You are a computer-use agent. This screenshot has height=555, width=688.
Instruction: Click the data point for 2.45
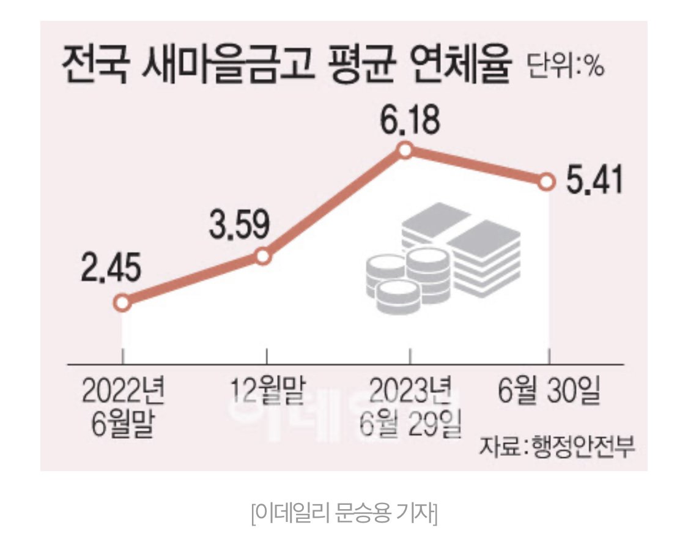tap(122, 303)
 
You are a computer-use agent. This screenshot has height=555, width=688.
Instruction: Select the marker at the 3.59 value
tap(263, 256)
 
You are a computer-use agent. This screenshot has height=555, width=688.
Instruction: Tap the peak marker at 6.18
tap(404, 150)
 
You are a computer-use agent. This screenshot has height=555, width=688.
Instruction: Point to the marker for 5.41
tap(547, 182)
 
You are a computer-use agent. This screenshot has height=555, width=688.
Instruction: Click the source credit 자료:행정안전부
tap(557, 445)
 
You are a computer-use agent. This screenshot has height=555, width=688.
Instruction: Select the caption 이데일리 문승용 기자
tap(344, 513)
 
